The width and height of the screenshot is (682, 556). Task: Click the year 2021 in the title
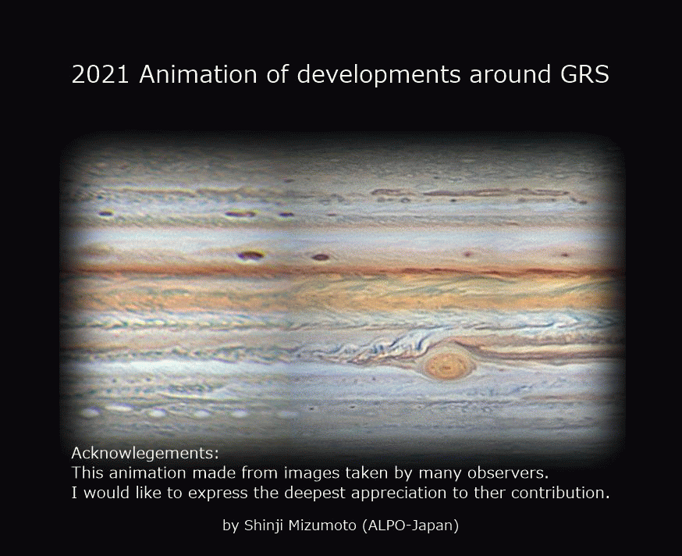[100, 74]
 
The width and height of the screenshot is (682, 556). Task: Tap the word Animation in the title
[198, 74]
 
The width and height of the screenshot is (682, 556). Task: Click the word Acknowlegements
[145, 454]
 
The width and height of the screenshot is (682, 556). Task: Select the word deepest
[315, 494]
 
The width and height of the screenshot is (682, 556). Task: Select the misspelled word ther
[493, 493]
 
